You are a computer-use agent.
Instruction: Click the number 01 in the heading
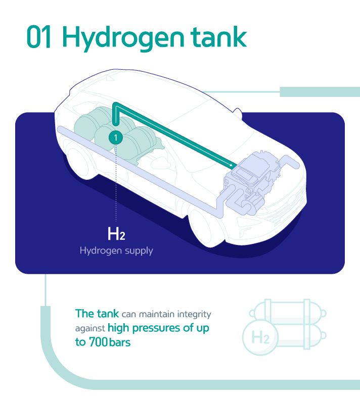(x=39, y=37)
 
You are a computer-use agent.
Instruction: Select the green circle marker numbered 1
(x=116, y=137)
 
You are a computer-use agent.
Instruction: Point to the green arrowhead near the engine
(x=234, y=165)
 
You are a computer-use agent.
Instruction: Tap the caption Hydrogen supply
(x=116, y=250)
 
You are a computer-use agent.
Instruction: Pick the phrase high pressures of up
(x=158, y=328)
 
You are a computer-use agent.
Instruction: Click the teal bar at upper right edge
(x=320, y=91)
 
